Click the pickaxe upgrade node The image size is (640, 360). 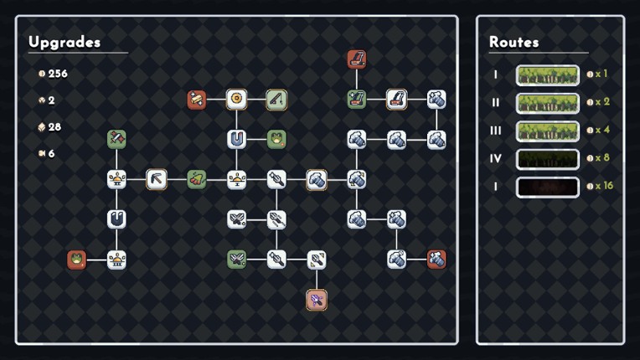pyautogui.click(x=157, y=179)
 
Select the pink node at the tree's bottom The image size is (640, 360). pyautogui.click(x=317, y=300)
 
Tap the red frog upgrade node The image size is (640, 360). pyautogui.click(x=76, y=260)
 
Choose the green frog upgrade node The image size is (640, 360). pyautogui.click(x=276, y=139)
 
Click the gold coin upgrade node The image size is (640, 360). pyautogui.click(x=236, y=99)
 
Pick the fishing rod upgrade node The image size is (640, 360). pyautogui.click(x=276, y=99)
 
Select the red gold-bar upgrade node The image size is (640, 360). pyautogui.click(x=196, y=100)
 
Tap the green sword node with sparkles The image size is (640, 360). pyautogui.click(x=116, y=139)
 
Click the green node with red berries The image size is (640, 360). pyautogui.click(x=196, y=179)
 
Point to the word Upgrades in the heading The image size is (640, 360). pyautogui.click(x=65, y=42)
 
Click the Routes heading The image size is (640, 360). pyautogui.click(x=514, y=42)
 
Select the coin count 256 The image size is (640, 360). pyautogui.click(x=58, y=74)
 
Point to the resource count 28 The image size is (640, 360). pyautogui.click(x=54, y=126)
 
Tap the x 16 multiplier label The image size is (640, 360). pyautogui.click(x=604, y=186)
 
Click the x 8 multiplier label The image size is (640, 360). pyautogui.click(x=602, y=157)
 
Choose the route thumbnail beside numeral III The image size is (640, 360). pyautogui.click(x=547, y=131)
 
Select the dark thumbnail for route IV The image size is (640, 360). pyautogui.click(x=547, y=159)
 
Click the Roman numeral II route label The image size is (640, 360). pyautogui.click(x=496, y=102)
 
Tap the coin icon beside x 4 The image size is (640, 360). pyautogui.click(x=590, y=131)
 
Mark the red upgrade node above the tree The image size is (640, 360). pyautogui.click(x=356, y=59)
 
